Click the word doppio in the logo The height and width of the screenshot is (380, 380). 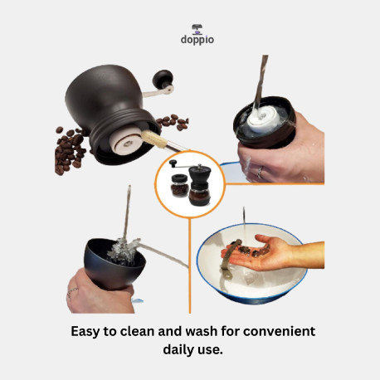point(197,40)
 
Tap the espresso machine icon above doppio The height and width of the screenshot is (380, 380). point(197,29)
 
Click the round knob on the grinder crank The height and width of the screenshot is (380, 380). point(163,77)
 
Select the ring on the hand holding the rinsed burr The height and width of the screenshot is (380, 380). point(261,172)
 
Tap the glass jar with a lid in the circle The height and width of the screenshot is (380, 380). point(179,186)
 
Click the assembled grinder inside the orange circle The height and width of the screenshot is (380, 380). point(199,185)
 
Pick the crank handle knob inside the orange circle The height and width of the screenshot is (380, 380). point(173,163)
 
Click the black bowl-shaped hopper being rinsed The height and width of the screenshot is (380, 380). point(114,264)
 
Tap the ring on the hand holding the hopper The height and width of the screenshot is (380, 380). point(71,292)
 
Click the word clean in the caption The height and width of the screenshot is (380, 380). point(138,331)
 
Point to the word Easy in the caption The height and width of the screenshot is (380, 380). point(85,332)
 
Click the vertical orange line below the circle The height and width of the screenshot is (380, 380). point(190,266)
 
